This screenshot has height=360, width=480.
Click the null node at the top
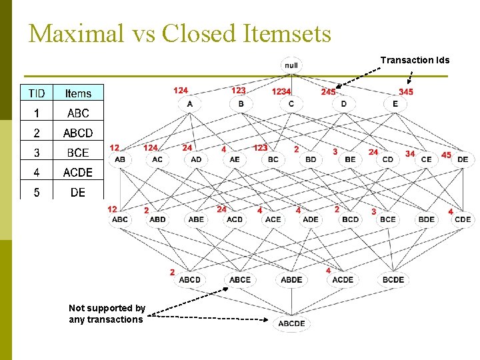click(x=291, y=65)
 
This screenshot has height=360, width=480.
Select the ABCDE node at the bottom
click(x=291, y=323)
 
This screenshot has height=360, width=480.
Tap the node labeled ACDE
click(x=343, y=279)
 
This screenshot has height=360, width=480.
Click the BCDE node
click(x=393, y=279)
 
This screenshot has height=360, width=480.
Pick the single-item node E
click(x=395, y=104)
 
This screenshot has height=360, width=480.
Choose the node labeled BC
click(x=273, y=159)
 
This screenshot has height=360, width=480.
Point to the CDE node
click(x=463, y=219)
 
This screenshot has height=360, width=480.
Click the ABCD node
click(x=189, y=279)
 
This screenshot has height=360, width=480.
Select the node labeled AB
click(x=120, y=159)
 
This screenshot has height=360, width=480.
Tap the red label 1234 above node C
click(x=281, y=91)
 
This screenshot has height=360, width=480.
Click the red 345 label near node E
click(x=406, y=91)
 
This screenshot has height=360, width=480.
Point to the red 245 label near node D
click(x=328, y=91)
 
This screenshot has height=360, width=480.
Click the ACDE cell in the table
click(x=78, y=173)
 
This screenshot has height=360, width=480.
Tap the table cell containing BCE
click(x=78, y=153)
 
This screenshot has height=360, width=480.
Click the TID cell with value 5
click(x=37, y=193)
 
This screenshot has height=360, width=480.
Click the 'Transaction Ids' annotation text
click(x=415, y=60)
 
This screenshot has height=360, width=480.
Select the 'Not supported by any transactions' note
click(x=107, y=313)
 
